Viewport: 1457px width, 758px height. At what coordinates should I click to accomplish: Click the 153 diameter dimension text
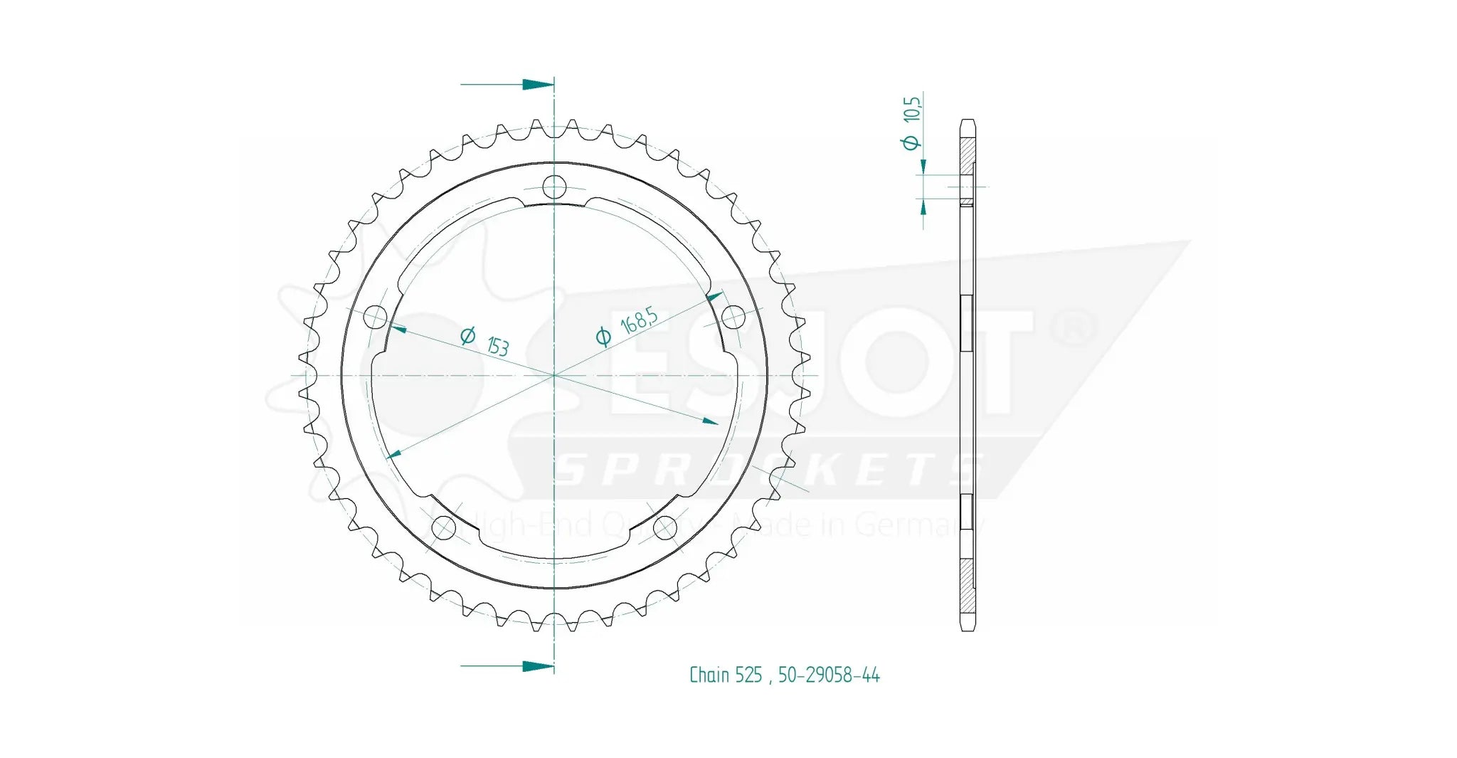pyautogui.click(x=497, y=345)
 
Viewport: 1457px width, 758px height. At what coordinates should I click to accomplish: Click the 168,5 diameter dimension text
pyautogui.click(x=639, y=321)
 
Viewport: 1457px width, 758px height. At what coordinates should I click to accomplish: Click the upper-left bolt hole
pyautogui.click(x=375, y=317)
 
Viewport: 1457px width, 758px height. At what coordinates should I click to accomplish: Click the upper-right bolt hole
pyautogui.click(x=733, y=317)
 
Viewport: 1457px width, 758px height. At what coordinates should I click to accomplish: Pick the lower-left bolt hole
pyautogui.click(x=444, y=527)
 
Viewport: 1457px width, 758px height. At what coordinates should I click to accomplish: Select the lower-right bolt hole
pyautogui.click(x=665, y=527)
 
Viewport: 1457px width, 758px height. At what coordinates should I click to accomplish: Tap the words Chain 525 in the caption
pyautogui.click(x=725, y=675)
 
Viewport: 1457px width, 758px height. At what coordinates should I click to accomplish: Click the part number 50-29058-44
pyautogui.click(x=829, y=675)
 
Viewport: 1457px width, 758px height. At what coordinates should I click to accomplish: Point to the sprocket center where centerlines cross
pyautogui.click(x=554, y=374)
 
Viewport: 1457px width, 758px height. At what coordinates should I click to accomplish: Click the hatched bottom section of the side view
pyautogui.click(x=968, y=587)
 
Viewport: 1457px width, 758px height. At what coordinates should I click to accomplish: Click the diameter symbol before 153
pyautogui.click(x=467, y=335)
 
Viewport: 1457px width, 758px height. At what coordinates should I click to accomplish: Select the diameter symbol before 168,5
pyautogui.click(x=603, y=337)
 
